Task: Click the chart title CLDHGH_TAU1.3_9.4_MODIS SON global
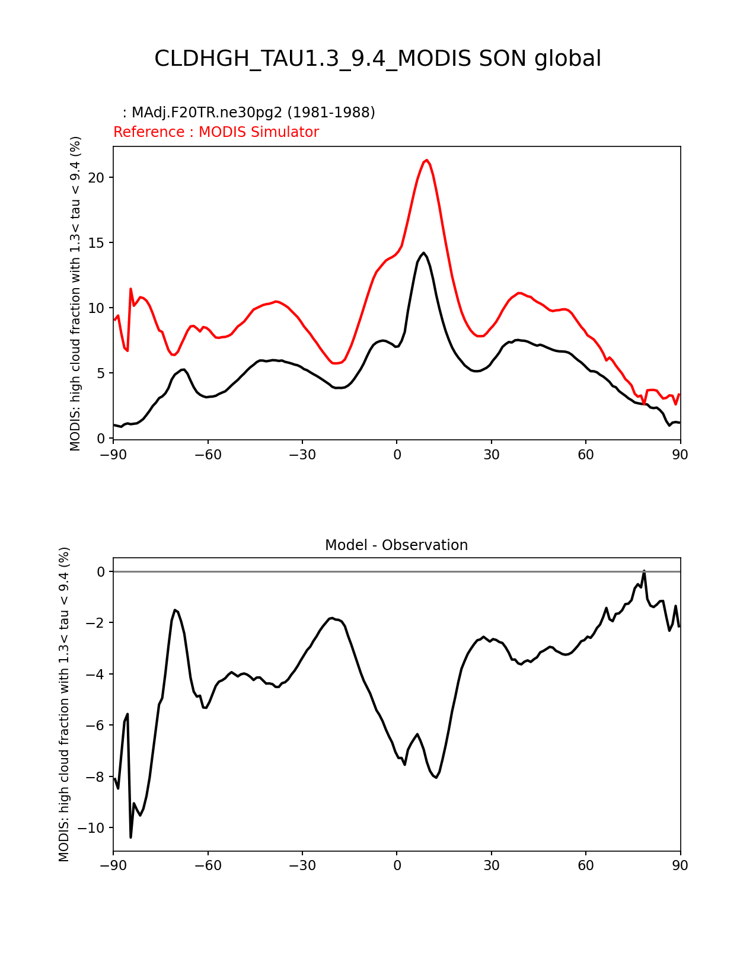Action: point(378,59)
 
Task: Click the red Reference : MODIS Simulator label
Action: point(216,132)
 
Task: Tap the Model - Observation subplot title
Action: point(396,545)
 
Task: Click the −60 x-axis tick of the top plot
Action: point(208,455)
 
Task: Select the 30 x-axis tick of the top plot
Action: point(491,455)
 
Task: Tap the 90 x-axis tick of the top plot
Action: point(680,455)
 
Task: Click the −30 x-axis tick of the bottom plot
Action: point(302,866)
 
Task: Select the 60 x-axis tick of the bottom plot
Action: point(586,866)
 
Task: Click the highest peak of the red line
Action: point(426,160)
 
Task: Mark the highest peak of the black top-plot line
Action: point(423,253)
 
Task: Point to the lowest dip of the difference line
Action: point(131,837)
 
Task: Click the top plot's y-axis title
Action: point(75,293)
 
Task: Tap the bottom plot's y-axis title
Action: point(64,704)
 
